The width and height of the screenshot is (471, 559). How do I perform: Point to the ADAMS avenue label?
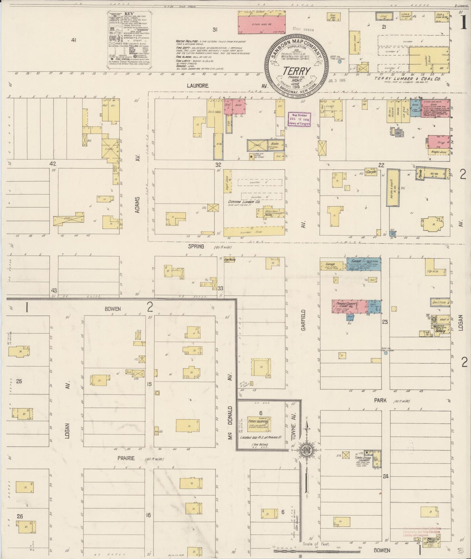click(138, 204)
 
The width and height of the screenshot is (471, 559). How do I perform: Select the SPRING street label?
click(196, 247)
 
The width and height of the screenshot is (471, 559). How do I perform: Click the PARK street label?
click(380, 400)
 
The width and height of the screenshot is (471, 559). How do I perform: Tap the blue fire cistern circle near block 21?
click(340, 61)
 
